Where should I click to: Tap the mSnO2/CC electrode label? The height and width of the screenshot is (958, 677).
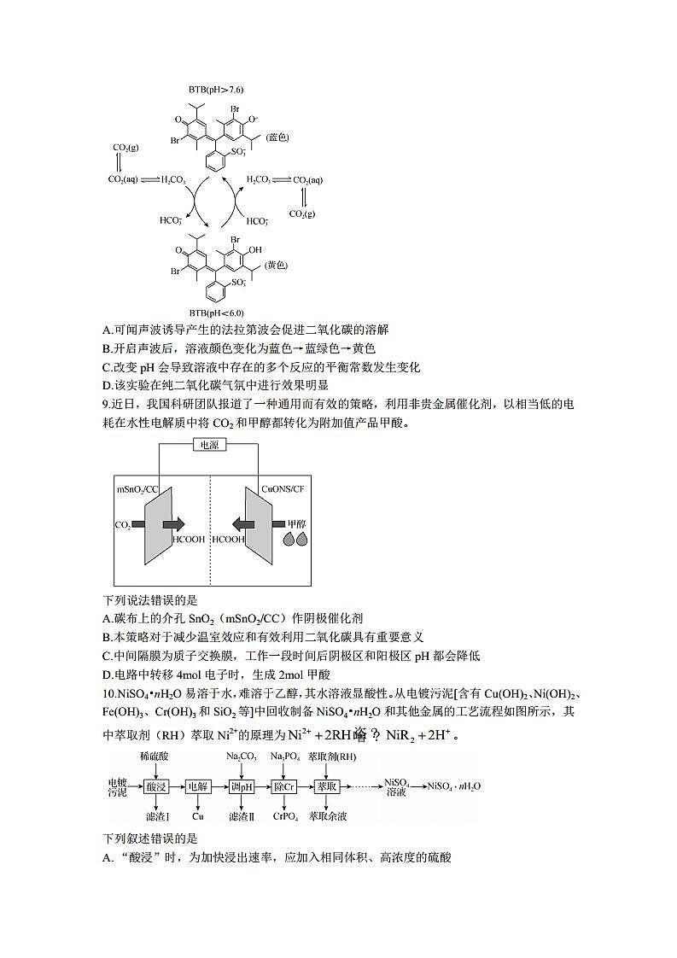(x=137, y=489)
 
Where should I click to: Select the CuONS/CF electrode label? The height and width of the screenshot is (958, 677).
(x=283, y=489)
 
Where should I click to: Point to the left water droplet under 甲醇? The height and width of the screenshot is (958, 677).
(x=289, y=540)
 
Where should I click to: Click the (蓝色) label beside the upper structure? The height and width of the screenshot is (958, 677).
(x=278, y=137)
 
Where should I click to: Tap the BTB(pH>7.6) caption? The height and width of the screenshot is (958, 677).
(x=216, y=89)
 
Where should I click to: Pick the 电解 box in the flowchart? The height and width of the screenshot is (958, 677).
(x=198, y=787)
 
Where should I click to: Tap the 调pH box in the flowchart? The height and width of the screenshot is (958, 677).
(x=242, y=787)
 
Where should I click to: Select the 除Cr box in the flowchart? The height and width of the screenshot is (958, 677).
(x=284, y=787)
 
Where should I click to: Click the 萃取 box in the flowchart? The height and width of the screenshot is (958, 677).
(x=327, y=787)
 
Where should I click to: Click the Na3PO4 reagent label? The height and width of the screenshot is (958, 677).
(x=283, y=756)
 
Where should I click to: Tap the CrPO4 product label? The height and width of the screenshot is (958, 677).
(x=284, y=817)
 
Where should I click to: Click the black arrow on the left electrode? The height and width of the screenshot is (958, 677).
(x=169, y=523)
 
